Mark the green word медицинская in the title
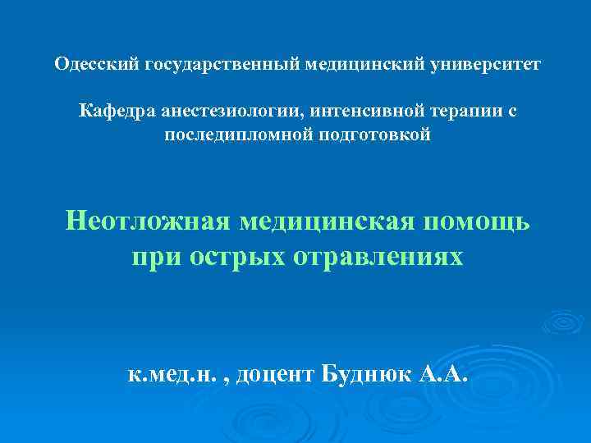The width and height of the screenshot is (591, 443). [x=325, y=221]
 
